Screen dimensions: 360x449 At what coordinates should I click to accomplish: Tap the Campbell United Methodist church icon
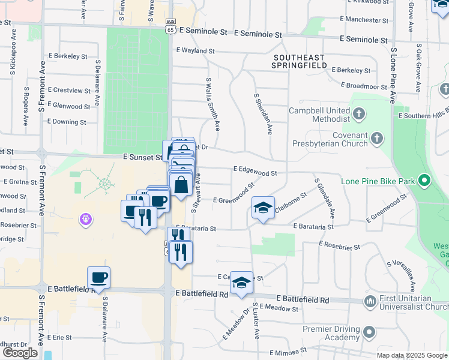point(358,113)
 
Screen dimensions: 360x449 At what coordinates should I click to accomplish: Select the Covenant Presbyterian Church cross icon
point(376,139)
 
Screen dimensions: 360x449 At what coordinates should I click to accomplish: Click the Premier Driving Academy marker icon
point(369,332)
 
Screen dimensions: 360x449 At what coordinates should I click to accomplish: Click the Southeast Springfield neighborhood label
point(298,62)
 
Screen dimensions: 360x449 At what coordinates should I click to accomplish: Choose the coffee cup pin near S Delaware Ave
point(99,278)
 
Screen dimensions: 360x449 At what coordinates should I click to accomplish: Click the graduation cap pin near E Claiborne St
point(263,208)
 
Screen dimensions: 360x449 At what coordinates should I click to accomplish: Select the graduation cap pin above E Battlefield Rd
point(241,283)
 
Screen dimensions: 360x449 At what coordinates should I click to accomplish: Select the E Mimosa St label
point(288,352)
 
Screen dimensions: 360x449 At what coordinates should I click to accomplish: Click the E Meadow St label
point(278,308)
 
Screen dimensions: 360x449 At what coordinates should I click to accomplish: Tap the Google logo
point(20,353)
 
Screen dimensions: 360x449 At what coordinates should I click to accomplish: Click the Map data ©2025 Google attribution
point(411,355)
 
